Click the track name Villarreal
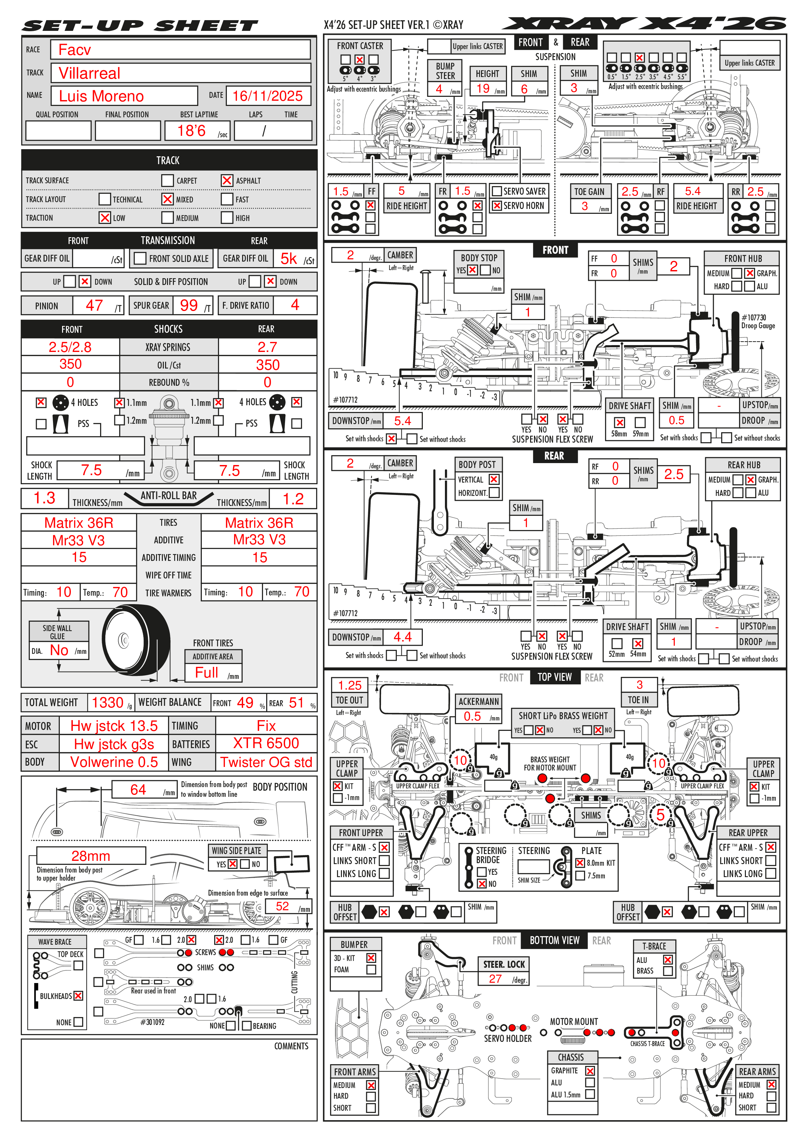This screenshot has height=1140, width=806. (89, 73)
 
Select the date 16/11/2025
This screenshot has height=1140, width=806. (267, 96)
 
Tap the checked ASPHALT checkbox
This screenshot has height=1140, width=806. (227, 180)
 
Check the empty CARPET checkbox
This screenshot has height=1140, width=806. (167, 180)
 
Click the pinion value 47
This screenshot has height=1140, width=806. (94, 305)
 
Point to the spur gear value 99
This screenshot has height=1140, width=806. (189, 305)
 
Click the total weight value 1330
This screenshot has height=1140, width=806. (107, 703)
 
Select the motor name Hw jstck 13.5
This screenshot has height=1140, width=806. (114, 726)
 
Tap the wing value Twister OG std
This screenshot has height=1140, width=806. (266, 762)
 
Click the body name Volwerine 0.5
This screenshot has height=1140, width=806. (114, 762)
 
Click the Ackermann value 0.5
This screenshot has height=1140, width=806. (472, 716)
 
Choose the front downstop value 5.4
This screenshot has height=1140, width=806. (402, 421)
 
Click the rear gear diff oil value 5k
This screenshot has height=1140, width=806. (289, 259)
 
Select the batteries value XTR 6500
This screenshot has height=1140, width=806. (266, 743)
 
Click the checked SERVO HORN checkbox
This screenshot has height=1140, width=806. (496, 206)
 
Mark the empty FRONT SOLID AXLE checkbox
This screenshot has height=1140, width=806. (140, 258)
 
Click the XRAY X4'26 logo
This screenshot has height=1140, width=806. (643, 24)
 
